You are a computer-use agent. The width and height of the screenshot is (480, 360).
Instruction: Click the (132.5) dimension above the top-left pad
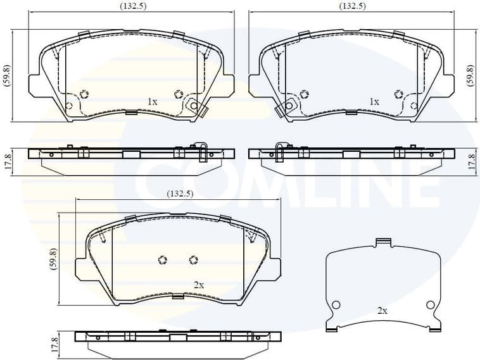[131, 6]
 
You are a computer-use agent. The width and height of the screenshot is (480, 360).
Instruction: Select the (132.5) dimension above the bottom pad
[179, 194]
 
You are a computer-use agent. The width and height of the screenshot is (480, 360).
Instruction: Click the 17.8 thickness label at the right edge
[471, 161]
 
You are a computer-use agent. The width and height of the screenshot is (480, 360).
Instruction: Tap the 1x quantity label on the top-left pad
[152, 101]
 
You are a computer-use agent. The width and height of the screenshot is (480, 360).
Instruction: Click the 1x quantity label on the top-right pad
[374, 101]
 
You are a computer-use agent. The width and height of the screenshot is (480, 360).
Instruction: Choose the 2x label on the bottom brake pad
[198, 285]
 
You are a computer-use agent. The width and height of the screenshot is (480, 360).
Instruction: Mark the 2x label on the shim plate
[382, 311]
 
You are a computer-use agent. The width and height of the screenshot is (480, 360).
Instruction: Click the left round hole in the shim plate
[336, 305]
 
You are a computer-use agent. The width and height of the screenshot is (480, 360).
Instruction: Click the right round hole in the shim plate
[431, 305]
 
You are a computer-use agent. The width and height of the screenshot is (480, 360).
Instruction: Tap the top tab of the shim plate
[382, 242]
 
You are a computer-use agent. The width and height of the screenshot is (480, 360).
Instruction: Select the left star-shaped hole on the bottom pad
[161, 259]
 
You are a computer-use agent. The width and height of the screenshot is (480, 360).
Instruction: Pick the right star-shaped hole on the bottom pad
[194, 259]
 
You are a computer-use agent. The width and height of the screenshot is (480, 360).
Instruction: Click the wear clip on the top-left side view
[201, 152]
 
